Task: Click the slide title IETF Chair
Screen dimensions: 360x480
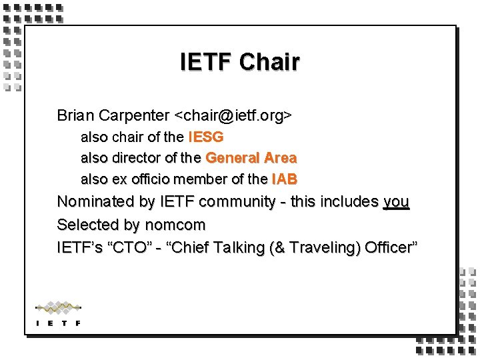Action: (x=240, y=62)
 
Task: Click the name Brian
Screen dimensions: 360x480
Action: (x=75, y=115)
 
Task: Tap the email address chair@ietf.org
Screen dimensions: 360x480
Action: (x=233, y=115)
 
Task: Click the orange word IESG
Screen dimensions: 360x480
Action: (x=206, y=137)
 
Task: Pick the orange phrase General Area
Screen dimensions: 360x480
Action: (x=251, y=158)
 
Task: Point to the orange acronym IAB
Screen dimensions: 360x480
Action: (x=284, y=179)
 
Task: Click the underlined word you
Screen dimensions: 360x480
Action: (x=396, y=201)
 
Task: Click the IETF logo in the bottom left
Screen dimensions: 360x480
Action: (x=58, y=313)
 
